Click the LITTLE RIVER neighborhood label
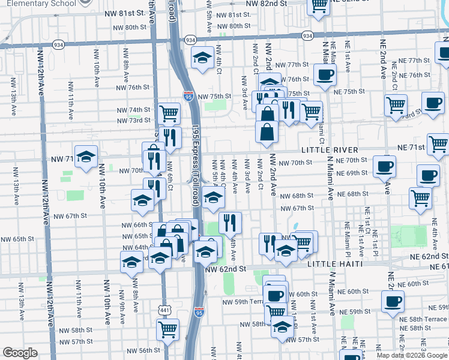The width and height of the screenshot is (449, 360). (330, 149)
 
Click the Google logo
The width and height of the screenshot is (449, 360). (20, 353)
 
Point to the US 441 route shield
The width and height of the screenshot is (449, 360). (164, 310)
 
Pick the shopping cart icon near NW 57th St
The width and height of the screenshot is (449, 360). (167, 328)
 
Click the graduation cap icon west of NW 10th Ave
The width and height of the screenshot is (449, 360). (86, 156)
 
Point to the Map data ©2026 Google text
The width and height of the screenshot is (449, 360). (412, 355)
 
